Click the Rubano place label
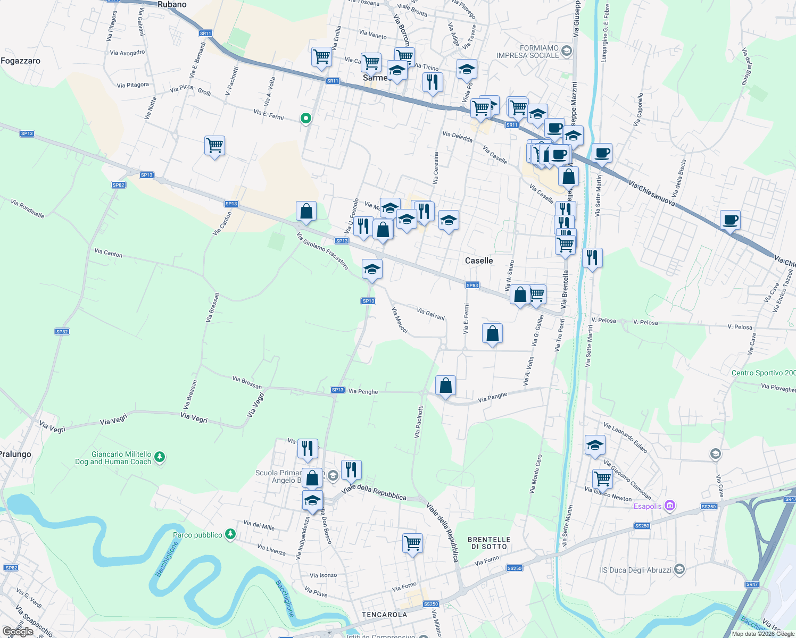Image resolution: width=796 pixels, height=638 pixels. click(x=172, y=5)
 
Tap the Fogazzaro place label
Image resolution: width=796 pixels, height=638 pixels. click(x=21, y=61)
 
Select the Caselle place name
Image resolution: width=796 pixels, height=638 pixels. click(x=479, y=261)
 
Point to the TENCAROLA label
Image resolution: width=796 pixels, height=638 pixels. click(x=384, y=615)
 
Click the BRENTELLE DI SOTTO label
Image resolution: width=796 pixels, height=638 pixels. click(x=489, y=543)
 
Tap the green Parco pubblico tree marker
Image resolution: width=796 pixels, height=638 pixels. click(x=230, y=534)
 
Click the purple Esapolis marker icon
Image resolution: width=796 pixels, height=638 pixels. click(x=670, y=506)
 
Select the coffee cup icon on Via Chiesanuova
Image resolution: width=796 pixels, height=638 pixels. click(x=730, y=219)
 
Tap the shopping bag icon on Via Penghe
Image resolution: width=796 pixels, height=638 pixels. click(x=445, y=385)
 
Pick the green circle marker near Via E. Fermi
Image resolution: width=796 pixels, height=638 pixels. click(x=305, y=118)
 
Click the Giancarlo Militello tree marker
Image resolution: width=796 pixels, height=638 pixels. click(x=159, y=457)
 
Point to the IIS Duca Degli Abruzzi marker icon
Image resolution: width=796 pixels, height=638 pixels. click(x=679, y=570)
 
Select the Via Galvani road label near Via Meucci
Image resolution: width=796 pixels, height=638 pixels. click(x=430, y=314)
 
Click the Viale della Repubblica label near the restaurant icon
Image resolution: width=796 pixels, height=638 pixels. click(x=374, y=493)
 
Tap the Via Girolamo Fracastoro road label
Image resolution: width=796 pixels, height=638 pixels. click(x=322, y=250)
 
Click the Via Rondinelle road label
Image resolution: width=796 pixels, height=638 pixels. click(x=27, y=208)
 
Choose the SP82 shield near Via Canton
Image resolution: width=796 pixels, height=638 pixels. click(x=118, y=185)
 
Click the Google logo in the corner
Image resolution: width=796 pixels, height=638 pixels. click(x=18, y=632)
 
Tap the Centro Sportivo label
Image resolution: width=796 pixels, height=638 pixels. click(x=763, y=373)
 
